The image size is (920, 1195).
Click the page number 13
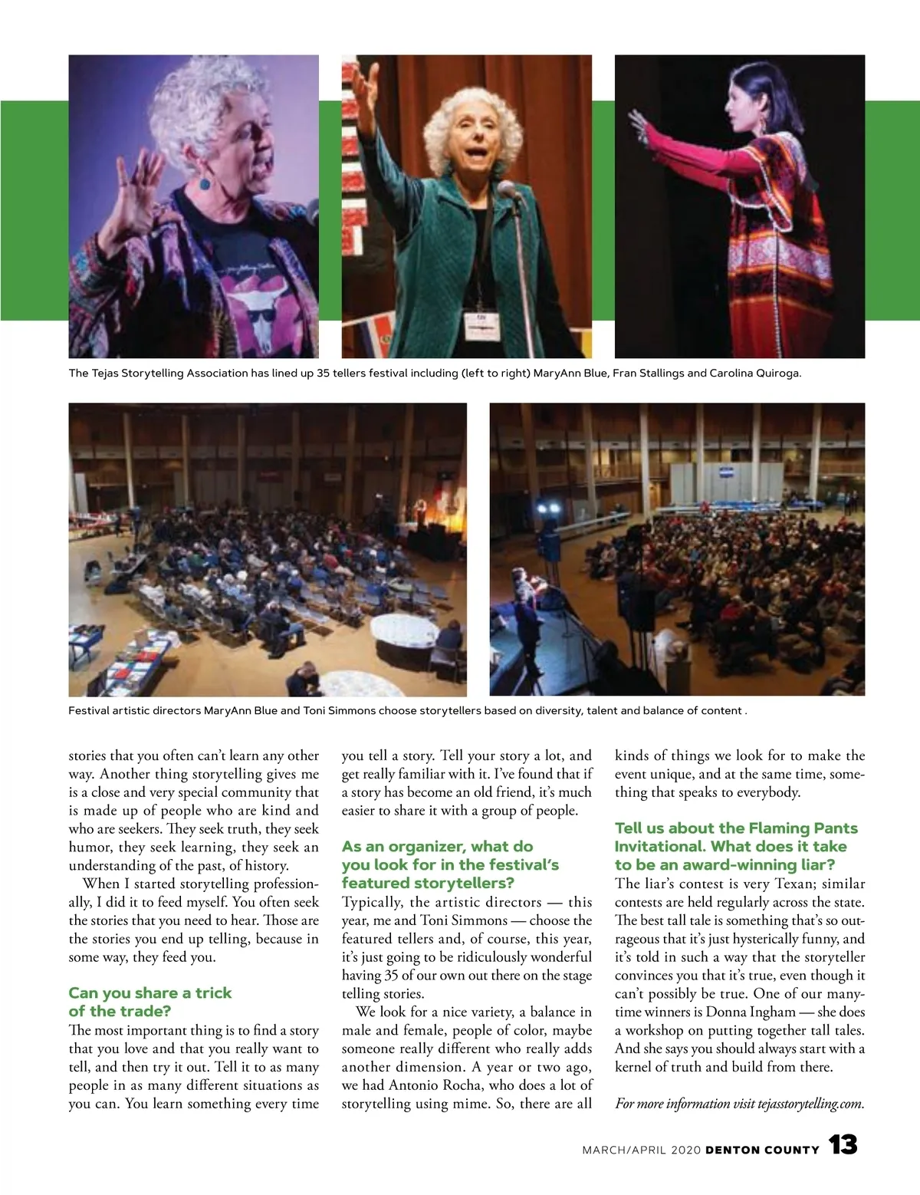click(843, 1146)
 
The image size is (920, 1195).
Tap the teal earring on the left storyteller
click(205, 184)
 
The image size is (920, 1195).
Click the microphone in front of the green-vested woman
click(508, 189)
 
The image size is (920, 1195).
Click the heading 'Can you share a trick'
click(150, 993)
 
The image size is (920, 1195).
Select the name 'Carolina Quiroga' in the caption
click(755, 374)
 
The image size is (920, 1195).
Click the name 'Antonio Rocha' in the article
click(435, 1085)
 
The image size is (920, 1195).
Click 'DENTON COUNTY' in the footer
click(762, 1150)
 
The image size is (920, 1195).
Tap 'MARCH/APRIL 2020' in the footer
click(641, 1150)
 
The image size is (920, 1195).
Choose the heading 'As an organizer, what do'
click(437, 847)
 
